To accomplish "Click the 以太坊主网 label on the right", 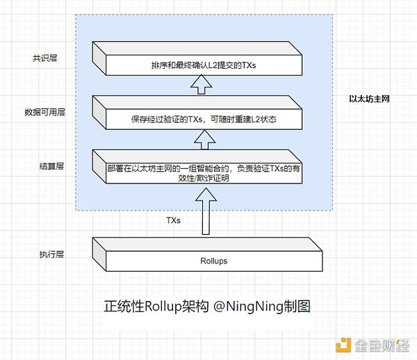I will (x=369, y=99).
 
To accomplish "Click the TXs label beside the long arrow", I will (x=173, y=220).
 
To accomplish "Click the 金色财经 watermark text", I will (x=381, y=343).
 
